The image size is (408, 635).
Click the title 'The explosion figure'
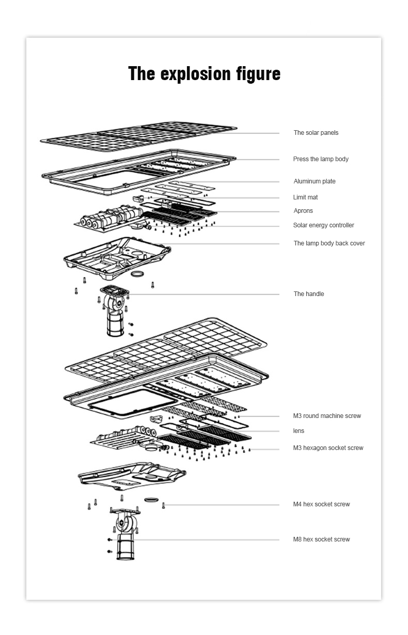205,73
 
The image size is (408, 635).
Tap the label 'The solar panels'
316,133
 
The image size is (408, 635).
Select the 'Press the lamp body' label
321,159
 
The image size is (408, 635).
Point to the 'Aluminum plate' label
315,181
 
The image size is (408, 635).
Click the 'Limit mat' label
305,197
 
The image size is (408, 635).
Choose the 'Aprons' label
303,211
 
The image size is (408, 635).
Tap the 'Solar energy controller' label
324,225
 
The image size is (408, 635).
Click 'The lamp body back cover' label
329,243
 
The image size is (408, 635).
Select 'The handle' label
309,294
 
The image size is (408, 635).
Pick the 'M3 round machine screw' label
327,416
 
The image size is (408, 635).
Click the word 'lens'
299,431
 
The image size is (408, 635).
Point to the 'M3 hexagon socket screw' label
328,448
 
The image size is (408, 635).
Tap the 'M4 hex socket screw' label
321,504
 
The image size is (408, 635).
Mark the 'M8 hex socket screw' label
321,539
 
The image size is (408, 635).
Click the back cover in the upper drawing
117,257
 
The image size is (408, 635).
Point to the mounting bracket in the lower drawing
125,533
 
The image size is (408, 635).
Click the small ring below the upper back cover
137,274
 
